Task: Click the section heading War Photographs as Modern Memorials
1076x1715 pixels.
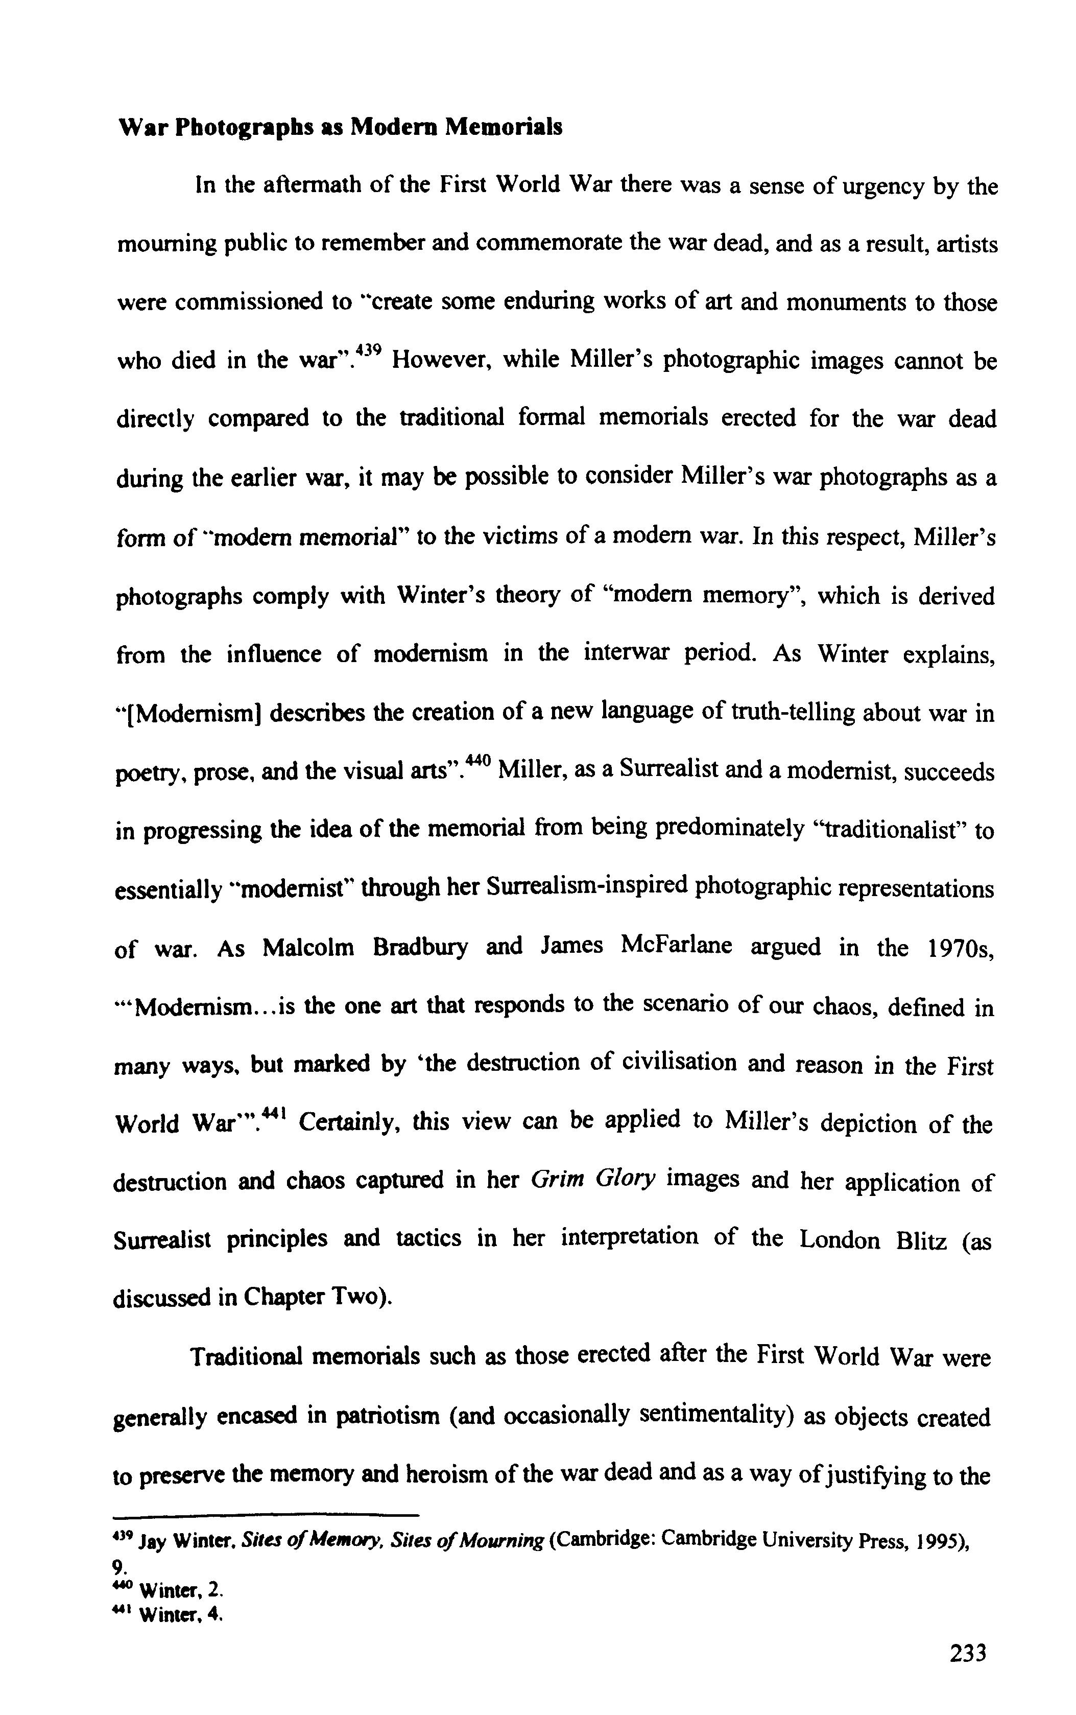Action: click(340, 127)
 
